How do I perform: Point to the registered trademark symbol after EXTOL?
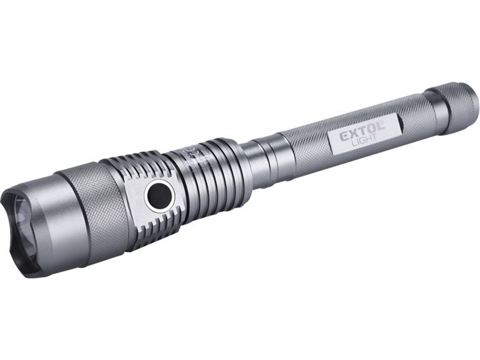(383, 123)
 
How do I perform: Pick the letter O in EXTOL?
(370, 128)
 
